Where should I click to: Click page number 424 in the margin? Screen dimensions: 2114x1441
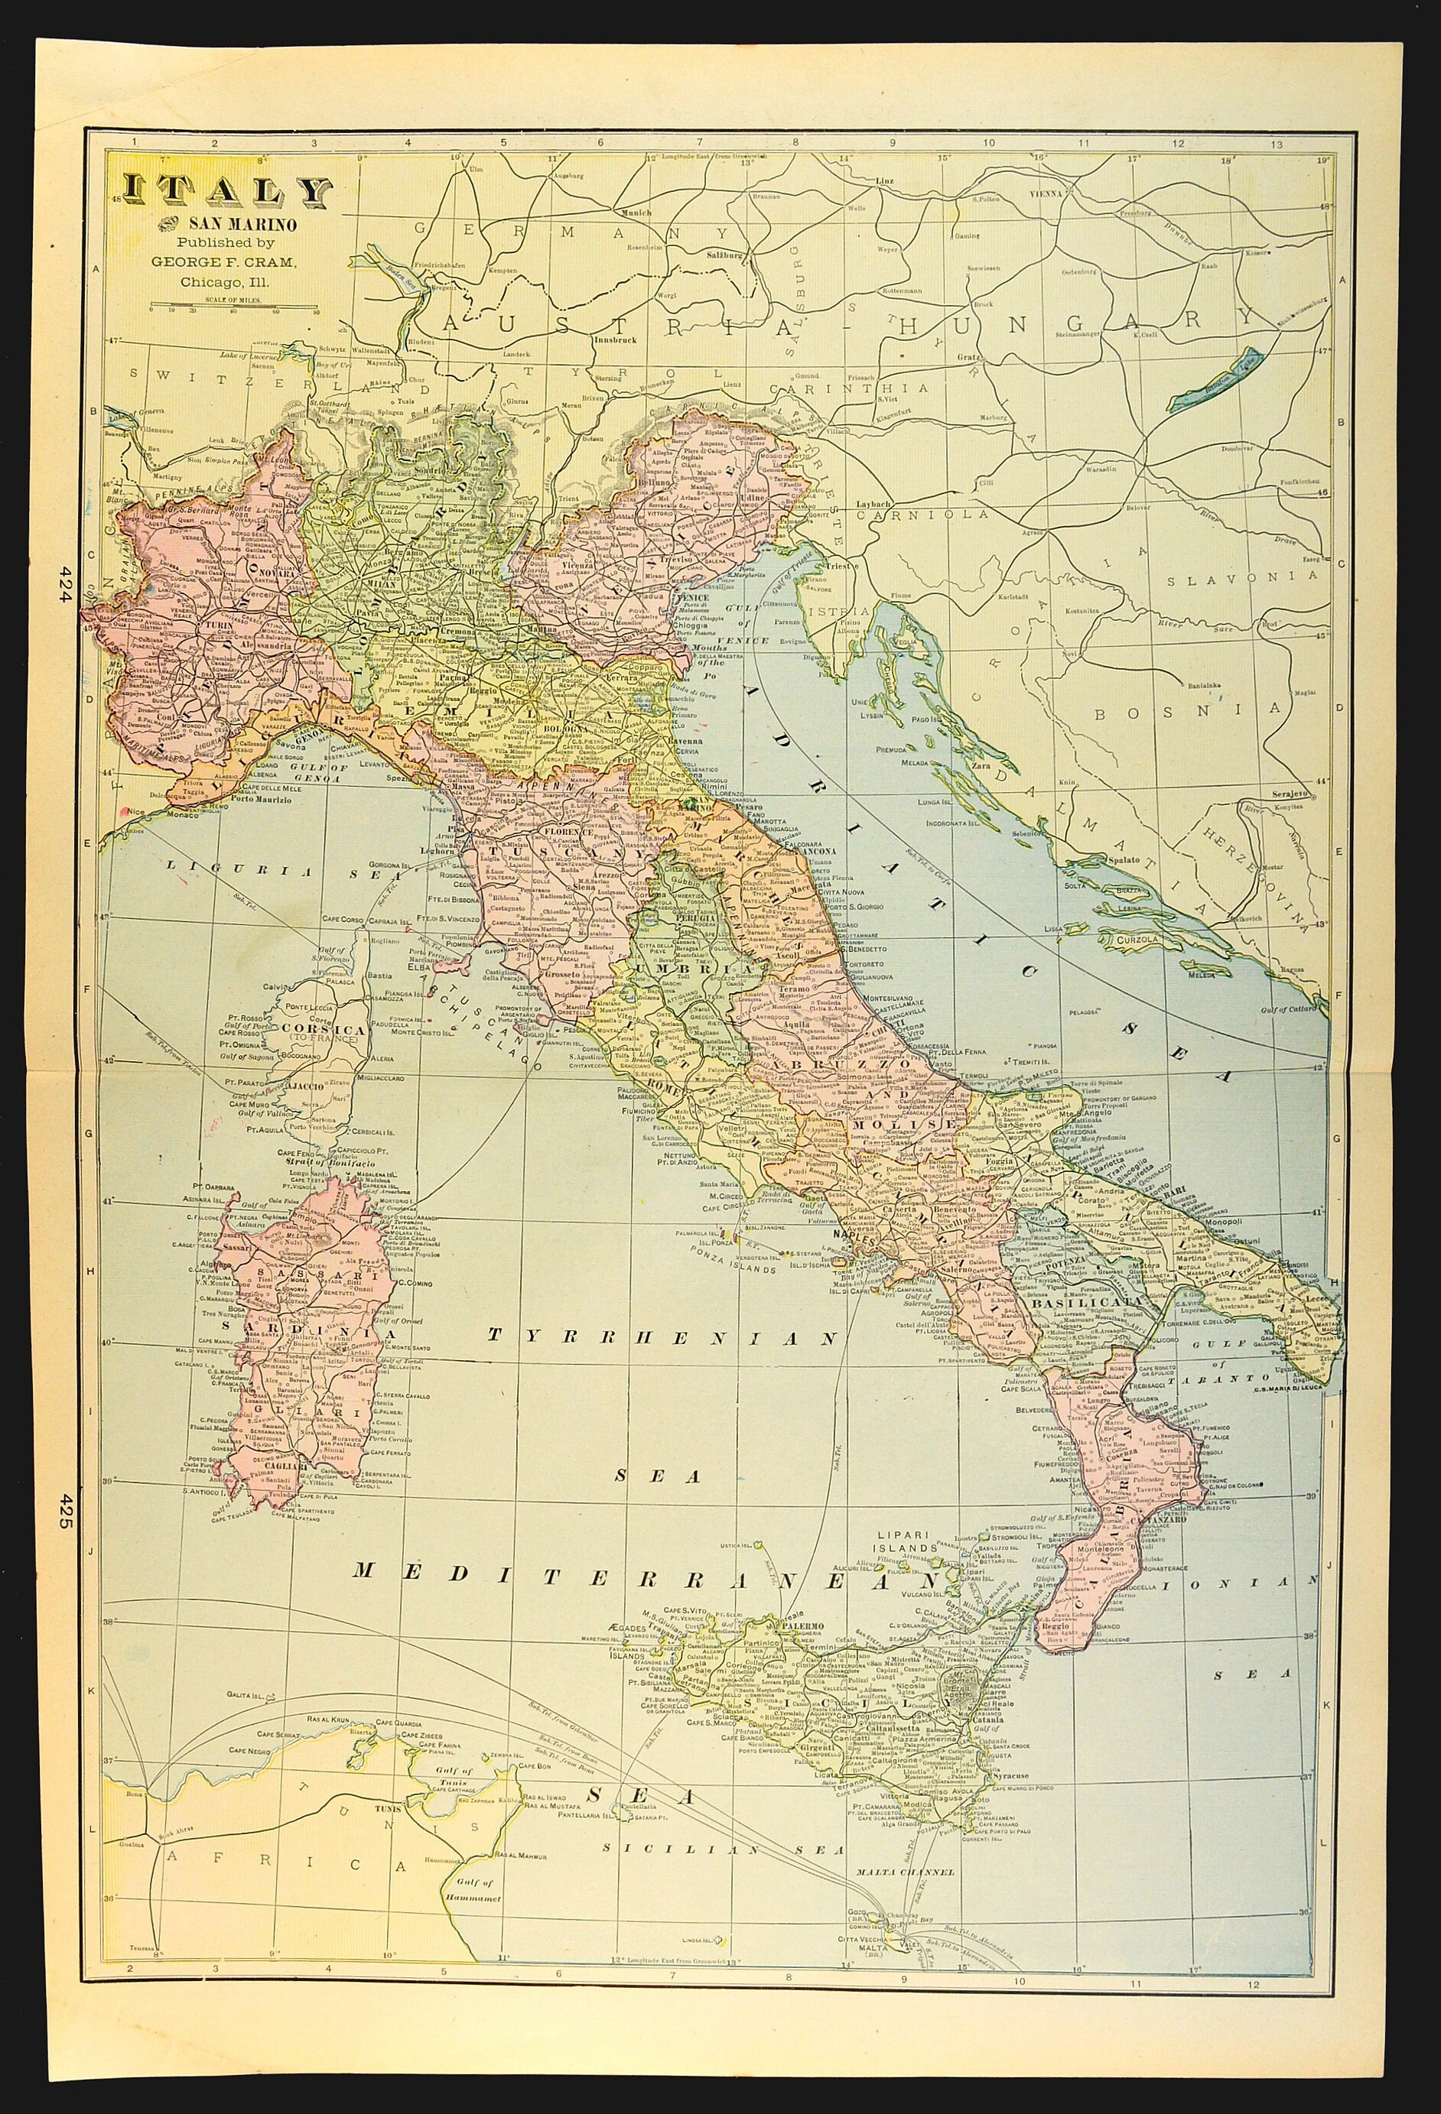[64, 581]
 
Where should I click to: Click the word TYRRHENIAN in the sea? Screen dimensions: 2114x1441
[662, 1336]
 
